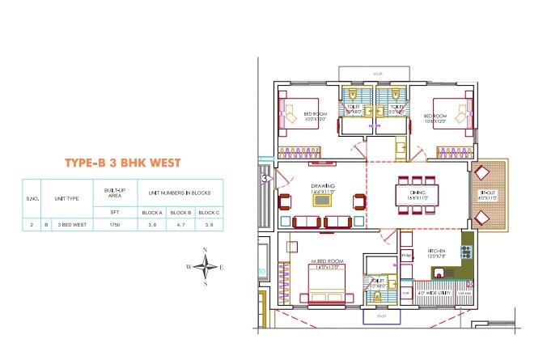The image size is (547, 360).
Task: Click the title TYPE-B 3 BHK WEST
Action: tap(121, 163)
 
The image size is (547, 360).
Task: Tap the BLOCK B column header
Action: tap(180, 212)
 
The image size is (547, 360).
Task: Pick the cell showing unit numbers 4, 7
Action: tap(180, 226)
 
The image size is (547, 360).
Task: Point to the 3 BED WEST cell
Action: tap(71, 226)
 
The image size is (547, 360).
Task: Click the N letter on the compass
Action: tap(206, 250)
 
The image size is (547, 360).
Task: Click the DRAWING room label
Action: tap(323, 186)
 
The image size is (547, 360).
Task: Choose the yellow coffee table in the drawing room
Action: tap(331, 222)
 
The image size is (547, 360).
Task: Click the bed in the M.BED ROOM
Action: tap(326, 286)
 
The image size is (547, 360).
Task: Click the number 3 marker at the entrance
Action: tap(265, 179)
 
